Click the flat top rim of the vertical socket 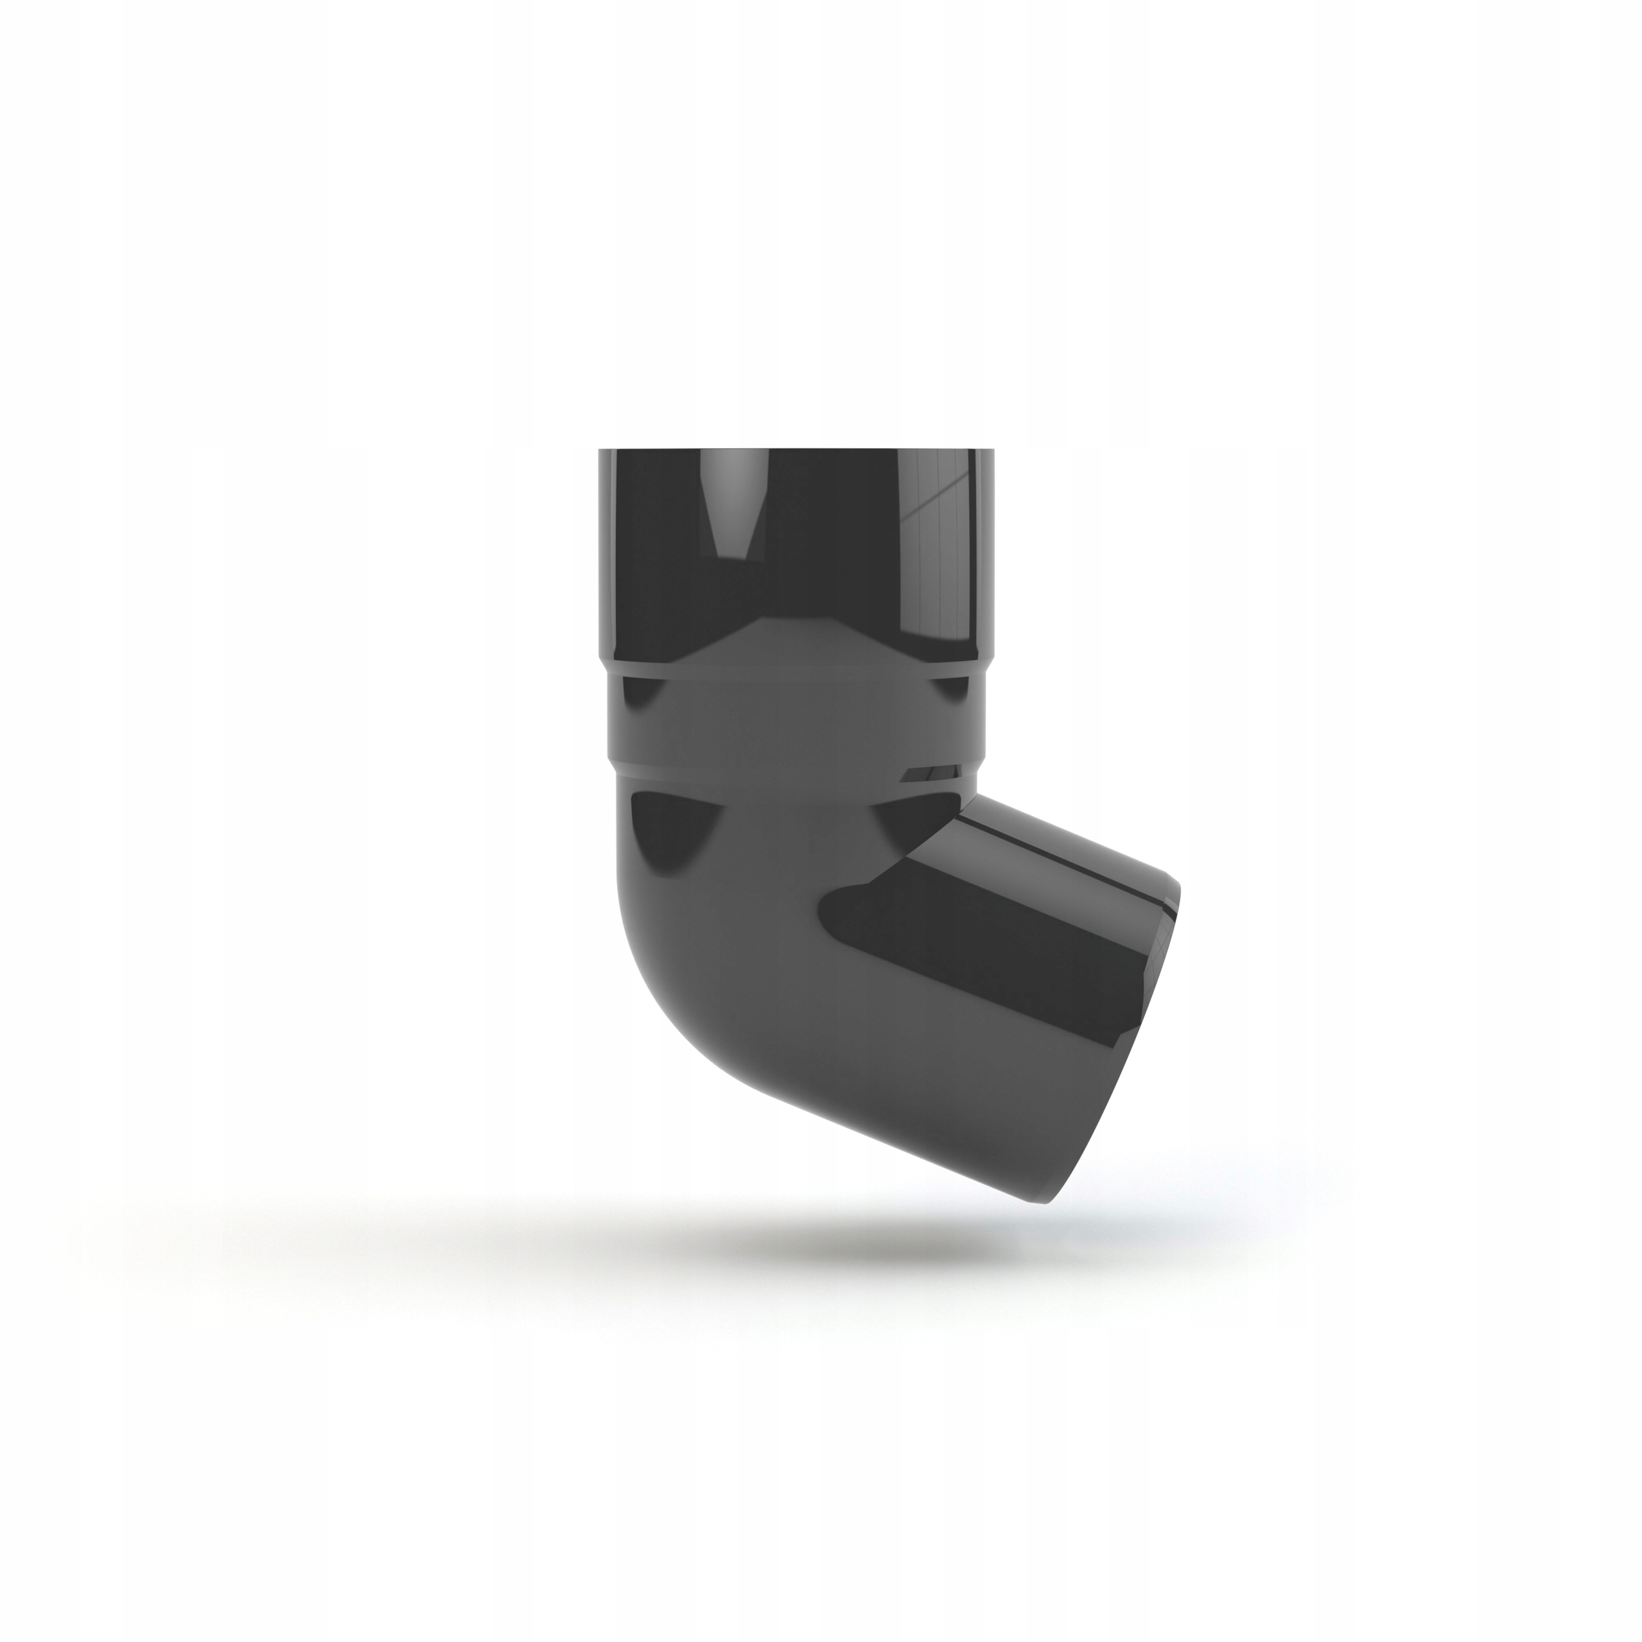click(x=797, y=449)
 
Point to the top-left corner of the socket click(x=599, y=450)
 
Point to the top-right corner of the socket click(x=994, y=450)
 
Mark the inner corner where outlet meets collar click(x=969, y=795)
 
